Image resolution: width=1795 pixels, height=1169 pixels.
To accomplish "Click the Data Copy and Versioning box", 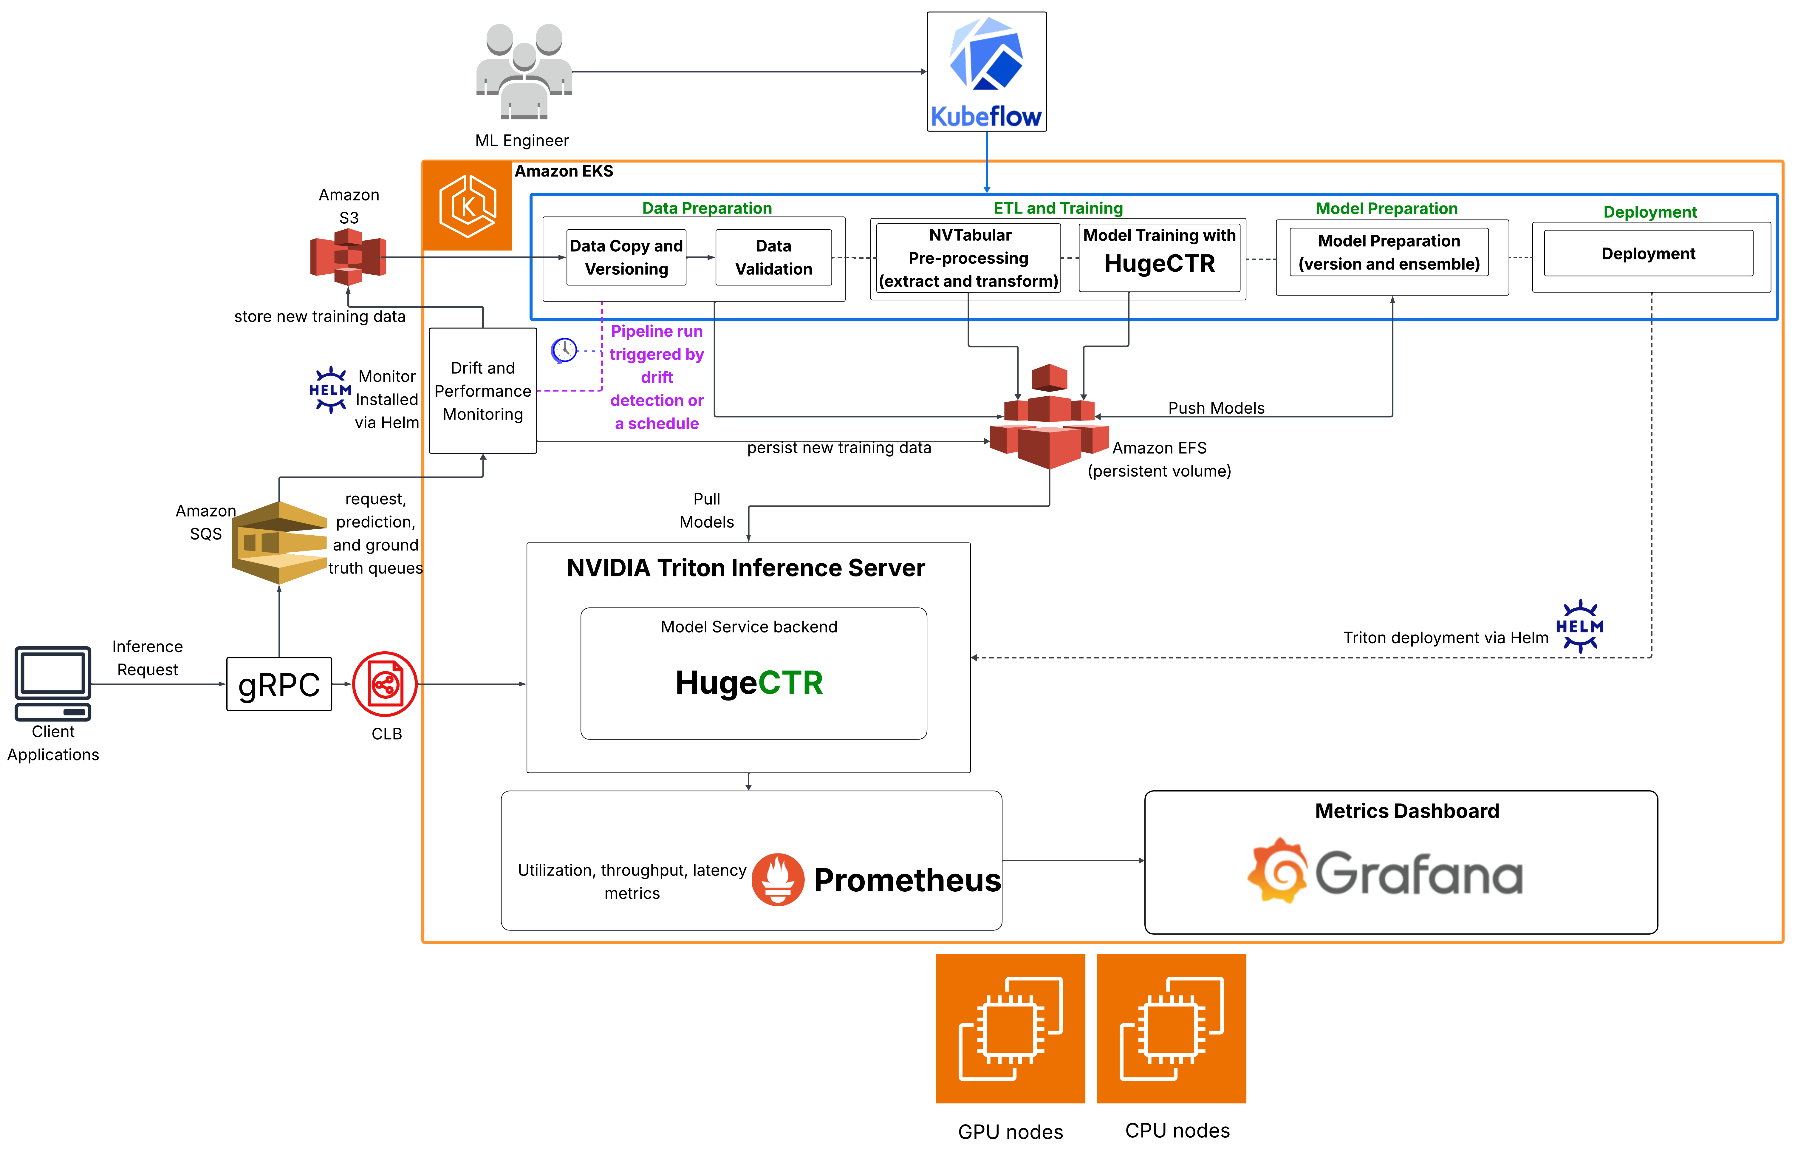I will [x=626, y=257].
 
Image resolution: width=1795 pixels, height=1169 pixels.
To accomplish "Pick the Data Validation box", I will [x=773, y=257].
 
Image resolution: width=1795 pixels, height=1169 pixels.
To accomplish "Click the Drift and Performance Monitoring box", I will [x=483, y=391].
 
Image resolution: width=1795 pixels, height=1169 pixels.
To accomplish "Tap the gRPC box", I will [x=279, y=684].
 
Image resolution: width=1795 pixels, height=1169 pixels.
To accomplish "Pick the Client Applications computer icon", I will [x=53, y=683].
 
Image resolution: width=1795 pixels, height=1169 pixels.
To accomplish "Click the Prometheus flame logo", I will [x=778, y=879].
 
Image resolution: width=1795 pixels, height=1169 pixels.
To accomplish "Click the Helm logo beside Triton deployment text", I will [x=1579, y=626].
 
